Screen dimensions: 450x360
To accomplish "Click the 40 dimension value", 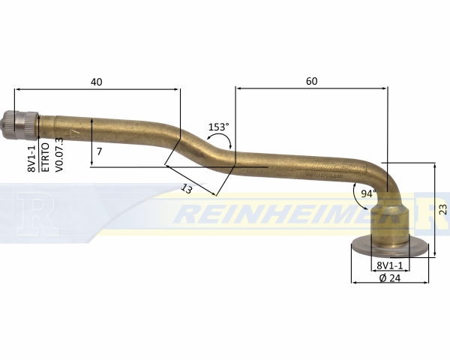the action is (x=97, y=82).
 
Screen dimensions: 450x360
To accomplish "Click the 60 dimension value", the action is (x=312, y=81).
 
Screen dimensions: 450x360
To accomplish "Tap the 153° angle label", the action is (x=219, y=127).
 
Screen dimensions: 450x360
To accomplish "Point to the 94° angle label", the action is (x=368, y=194).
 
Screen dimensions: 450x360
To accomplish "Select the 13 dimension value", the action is (x=187, y=189).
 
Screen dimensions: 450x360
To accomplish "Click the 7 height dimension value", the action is (x=99, y=151).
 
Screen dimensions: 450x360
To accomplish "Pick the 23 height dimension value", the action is (x=442, y=209).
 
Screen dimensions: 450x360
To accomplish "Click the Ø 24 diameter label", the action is (x=390, y=278).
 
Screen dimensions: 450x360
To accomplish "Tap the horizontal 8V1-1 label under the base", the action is (x=390, y=265).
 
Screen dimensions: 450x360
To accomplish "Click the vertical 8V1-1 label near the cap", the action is (x=31, y=158).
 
